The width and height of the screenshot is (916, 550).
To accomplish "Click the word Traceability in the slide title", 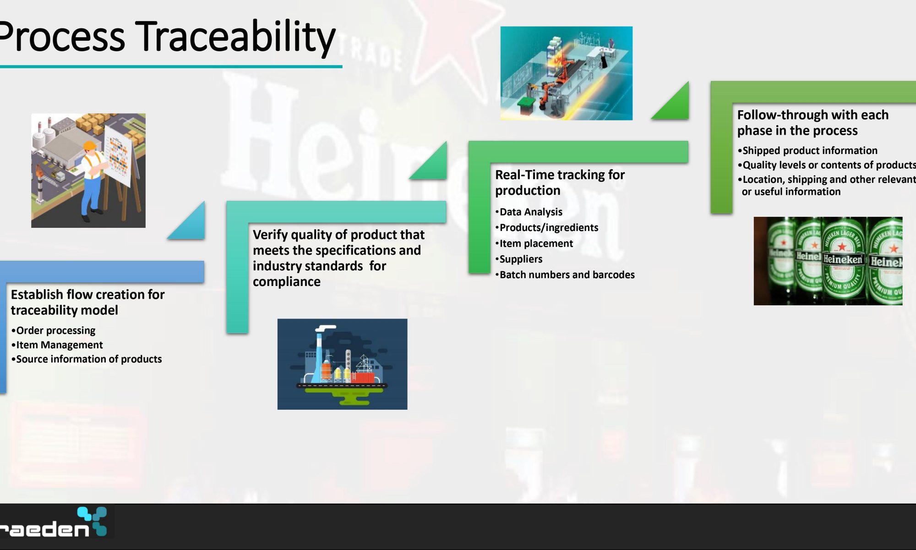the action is (237, 37).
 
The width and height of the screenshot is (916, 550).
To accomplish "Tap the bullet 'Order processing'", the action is (53, 330).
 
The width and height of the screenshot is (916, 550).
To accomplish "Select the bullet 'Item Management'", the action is (57, 345).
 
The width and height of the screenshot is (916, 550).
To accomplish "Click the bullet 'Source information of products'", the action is (86, 359).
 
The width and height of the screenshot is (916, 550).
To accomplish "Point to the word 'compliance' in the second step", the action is (287, 281).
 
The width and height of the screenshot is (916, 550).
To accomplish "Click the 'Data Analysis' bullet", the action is (529, 212).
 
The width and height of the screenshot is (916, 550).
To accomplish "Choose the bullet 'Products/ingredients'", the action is (546, 227).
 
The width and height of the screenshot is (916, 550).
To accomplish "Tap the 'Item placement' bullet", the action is (534, 243).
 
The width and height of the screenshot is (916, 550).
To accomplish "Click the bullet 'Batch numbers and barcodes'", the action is (565, 275).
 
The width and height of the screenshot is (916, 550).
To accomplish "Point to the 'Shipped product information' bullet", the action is (807, 150).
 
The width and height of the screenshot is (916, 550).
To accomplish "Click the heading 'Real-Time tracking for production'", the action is (560, 182).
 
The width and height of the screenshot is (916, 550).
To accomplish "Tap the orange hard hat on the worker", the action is (90, 146).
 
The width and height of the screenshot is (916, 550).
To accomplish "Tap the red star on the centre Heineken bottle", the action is (842, 246).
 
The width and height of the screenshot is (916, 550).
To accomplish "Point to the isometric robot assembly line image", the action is (566, 73).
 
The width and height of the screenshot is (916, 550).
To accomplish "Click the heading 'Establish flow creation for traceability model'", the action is (87, 302).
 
